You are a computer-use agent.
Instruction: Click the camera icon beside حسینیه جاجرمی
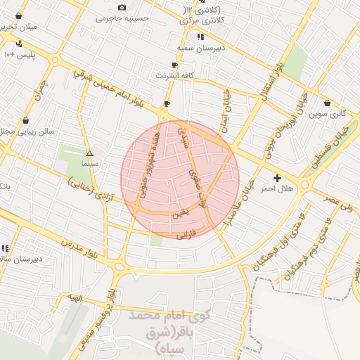[122, 8]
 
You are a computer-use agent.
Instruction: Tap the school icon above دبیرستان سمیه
[200, 36]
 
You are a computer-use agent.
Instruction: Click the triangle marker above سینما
[89, 153]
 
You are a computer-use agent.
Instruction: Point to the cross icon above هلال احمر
[277, 179]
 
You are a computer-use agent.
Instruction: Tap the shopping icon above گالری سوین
[327, 103]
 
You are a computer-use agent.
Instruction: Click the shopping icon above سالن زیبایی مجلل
[25, 120]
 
